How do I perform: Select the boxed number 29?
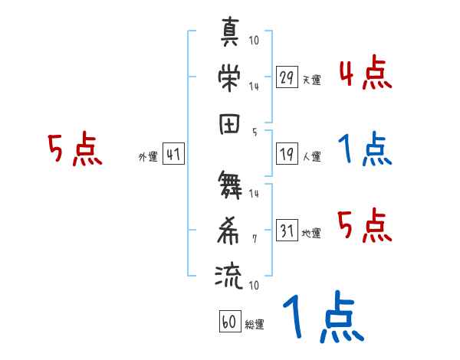point(287,77)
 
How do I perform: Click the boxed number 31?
point(287,231)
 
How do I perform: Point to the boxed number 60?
point(229,322)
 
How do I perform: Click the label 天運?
point(311,79)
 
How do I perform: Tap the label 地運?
point(311,233)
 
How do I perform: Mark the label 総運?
point(255,324)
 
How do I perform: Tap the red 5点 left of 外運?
point(74,149)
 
